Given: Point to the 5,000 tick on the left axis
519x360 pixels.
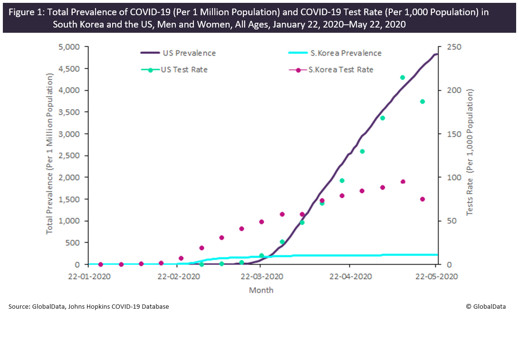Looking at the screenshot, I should pyautogui.click(x=70, y=47).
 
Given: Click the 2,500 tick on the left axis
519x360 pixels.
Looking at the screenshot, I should pyautogui.click(x=70, y=156).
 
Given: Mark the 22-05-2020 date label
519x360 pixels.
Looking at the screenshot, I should pyautogui.click(x=436, y=276).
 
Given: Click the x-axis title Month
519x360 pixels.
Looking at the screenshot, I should pyautogui.click(x=261, y=290).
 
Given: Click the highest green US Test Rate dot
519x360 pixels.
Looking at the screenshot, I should pyautogui.click(x=403, y=77).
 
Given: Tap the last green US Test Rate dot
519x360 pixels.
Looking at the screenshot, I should pyautogui.click(x=423, y=102).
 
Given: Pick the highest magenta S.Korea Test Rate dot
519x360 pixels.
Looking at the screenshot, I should pyautogui.click(x=403, y=182).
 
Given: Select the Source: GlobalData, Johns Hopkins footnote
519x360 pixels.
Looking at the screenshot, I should pyautogui.click(x=88, y=307).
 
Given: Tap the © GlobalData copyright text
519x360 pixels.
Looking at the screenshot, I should pyautogui.click(x=486, y=307).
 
